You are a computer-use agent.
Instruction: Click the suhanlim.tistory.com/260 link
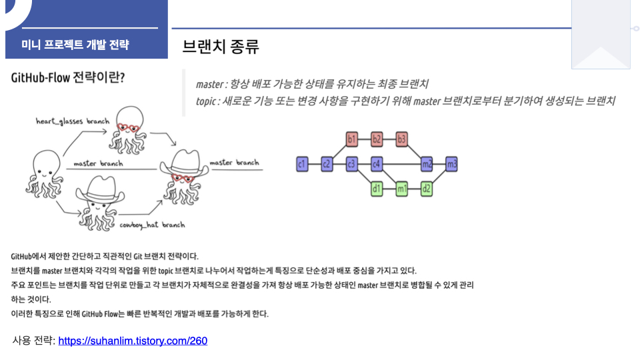[x=133, y=341]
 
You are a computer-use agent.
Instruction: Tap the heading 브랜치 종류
[x=221, y=47]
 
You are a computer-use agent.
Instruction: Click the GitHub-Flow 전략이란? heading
[x=68, y=78]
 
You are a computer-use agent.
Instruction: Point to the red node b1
[x=352, y=139]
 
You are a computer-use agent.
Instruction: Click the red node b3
[x=401, y=139]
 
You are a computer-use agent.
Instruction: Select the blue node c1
[x=302, y=163]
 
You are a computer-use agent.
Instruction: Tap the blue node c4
[x=377, y=163]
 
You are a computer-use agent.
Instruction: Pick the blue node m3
[x=451, y=163]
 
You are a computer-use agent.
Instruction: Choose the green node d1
[x=377, y=189]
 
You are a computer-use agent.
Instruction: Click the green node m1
[x=401, y=189]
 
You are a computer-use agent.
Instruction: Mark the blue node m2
[x=427, y=163]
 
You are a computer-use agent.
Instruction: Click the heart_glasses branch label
[x=73, y=121]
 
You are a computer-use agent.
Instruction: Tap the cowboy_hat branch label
[x=152, y=225]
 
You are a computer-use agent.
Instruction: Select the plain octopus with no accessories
[x=47, y=171]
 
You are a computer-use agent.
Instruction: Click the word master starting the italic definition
[x=209, y=85]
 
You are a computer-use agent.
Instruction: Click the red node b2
[x=377, y=139]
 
